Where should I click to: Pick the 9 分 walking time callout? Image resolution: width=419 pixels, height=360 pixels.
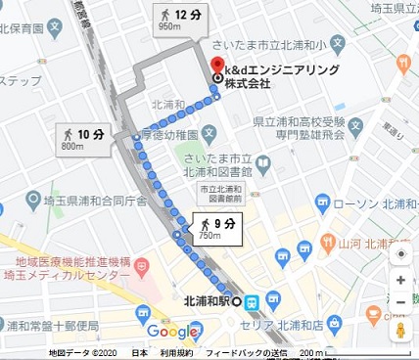(x=218, y=229)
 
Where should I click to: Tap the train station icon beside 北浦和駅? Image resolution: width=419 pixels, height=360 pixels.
(x=251, y=301)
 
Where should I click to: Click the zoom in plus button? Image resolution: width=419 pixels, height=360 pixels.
(x=401, y=280)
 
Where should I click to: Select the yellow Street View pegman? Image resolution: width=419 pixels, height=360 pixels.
(x=400, y=331)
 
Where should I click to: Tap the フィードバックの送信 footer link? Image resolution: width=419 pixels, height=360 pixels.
(x=247, y=353)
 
